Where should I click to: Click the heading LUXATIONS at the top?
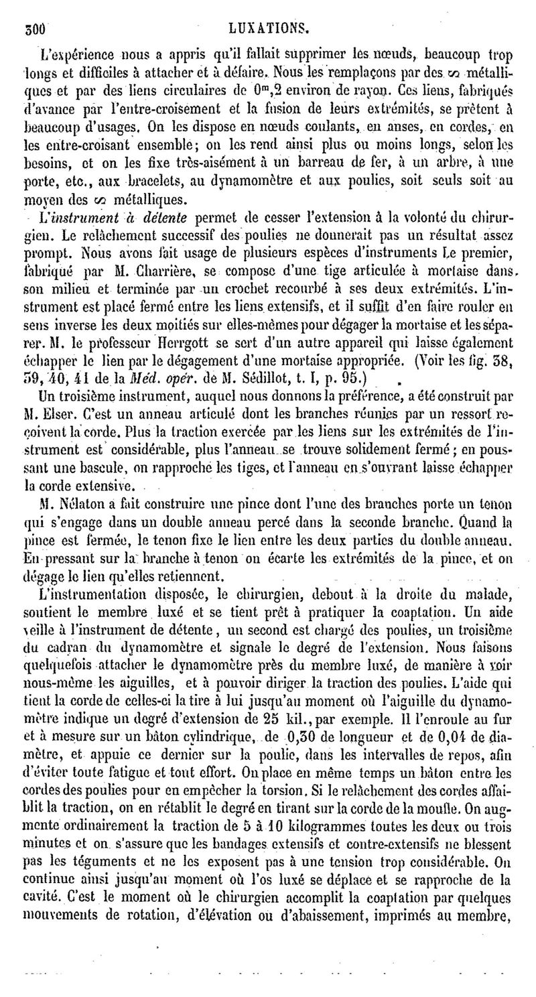click(x=269, y=29)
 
